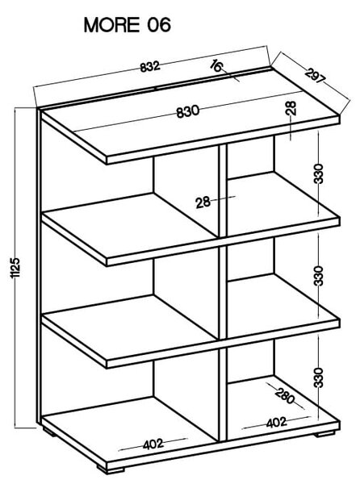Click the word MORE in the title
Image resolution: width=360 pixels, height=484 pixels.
tap(111, 25)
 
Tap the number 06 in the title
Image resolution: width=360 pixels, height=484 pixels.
tap(159, 25)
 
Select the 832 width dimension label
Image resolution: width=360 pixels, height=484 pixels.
tap(150, 67)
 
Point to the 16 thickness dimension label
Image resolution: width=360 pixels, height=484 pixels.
tap(216, 66)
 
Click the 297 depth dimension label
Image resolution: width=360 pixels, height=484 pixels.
tap(316, 76)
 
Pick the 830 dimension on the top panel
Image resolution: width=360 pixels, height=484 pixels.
tap(188, 111)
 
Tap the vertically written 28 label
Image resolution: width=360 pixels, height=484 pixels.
tap(291, 108)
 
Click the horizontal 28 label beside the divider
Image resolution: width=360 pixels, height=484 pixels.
tap(203, 202)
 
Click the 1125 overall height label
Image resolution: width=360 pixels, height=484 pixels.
tap(15, 268)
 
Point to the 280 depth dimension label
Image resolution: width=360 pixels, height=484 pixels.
tap(284, 396)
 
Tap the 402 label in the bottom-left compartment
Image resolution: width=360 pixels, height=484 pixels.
tap(153, 444)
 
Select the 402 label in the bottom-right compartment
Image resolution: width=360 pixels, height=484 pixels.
tap(277, 422)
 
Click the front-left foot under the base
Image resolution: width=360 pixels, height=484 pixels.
tap(111, 469)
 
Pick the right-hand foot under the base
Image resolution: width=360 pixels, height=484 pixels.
tap(324, 434)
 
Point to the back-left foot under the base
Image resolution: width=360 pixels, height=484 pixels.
tap(49, 432)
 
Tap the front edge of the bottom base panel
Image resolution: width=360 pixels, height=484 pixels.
tap(223, 446)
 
